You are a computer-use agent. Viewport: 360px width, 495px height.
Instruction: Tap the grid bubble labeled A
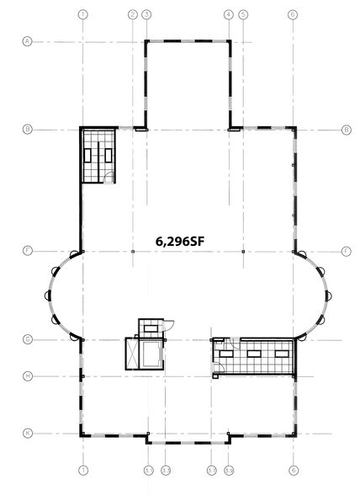pyautogui.click(x=28, y=40)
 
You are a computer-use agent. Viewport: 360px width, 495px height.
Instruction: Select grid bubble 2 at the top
pyautogui.click(x=132, y=15)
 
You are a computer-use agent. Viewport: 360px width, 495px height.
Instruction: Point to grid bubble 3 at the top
pyautogui.click(x=146, y=15)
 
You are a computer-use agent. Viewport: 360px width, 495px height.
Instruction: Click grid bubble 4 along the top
pyautogui.click(x=229, y=15)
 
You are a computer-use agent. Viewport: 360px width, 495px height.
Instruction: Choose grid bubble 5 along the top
pyautogui.click(x=243, y=15)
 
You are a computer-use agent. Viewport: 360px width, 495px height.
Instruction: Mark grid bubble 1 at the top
pyautogui.click(x=82, y=15)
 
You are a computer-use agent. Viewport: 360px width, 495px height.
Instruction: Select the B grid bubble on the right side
pyautogui.click(x=346, y=130)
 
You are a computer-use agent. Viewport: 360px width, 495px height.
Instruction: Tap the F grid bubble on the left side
pyautogui.click(x=28, y=251)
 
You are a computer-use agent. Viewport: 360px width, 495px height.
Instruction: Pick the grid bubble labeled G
pyautogui.click(x=28, y=339)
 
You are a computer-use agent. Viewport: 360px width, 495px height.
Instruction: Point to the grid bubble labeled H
pyautogui.click(x=28, y=375)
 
